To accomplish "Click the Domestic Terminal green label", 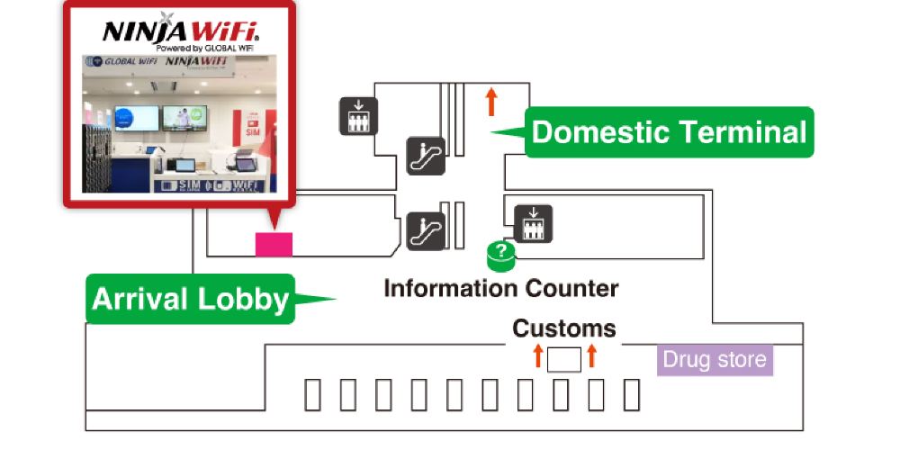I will (x=669, y=132).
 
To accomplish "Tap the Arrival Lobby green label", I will (x=190, y=299).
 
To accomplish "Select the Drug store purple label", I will (x=715, y=360).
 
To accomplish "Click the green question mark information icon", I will (x=501, y=255).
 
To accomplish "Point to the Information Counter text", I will (x=501, y=289).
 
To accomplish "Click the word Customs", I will (x=564, y=328).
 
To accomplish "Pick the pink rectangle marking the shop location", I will (x=274, y=244).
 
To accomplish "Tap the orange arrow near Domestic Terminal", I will (x=491, y=100).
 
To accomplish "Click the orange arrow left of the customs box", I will (x=538, y=355).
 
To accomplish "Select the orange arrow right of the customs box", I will (x=591, y=355).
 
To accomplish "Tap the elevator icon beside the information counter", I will (x=534, y=224).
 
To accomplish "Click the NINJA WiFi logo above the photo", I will (x=181, y=32).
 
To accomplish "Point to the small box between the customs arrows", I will (x=564, y=359).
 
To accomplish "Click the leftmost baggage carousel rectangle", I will (x=312, y=395).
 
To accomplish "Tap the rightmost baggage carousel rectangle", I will (x=632, y=395).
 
